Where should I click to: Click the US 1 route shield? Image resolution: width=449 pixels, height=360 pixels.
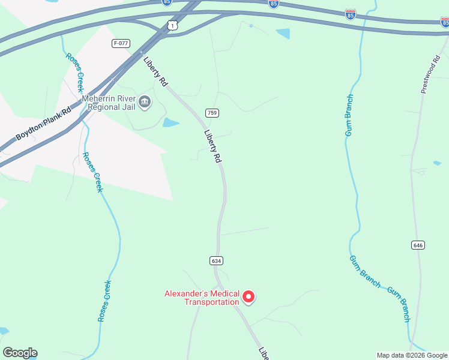coord(173,25)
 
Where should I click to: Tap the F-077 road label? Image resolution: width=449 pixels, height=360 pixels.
coord(121,43)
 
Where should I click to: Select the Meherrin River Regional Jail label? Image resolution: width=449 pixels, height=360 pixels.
coord(109,103)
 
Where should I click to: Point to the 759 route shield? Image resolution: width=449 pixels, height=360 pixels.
coord(211,113)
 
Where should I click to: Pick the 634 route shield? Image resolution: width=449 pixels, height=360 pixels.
coord(217,260)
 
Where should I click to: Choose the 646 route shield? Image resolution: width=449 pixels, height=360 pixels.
coord(418,245)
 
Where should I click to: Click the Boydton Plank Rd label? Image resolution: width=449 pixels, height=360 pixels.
coord(43,124)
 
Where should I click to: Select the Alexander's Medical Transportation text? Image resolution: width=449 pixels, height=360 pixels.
coord(202,298)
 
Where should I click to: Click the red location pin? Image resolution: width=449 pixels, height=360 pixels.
coord(249,296)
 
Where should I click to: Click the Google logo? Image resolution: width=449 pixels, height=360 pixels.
coord(20,353)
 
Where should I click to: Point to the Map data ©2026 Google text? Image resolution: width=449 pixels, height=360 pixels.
coord(412,355)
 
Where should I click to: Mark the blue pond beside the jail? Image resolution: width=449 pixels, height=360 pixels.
coord(171,123)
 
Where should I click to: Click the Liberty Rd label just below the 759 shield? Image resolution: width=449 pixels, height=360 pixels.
coord(213,147)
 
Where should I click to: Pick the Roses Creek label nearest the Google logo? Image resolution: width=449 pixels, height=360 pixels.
coord(104,300)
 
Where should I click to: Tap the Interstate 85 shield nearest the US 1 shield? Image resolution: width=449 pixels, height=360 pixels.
coord(166,2)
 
